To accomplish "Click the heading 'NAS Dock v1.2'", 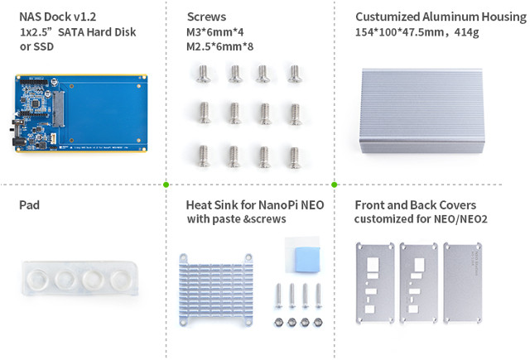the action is [x=57, y=17].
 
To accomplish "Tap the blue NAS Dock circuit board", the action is [x=81, y=113].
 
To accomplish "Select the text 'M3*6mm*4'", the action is [x=215, y=32].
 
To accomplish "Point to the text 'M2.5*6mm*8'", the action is [x=219, y=46].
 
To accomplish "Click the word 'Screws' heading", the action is [x=206, y=17].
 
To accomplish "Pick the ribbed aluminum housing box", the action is [x=422, y=111].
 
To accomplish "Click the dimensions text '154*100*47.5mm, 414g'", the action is [x=417, y=32].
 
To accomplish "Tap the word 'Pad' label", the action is [x=30, y=205].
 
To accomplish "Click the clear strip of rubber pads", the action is [x=80, y=278].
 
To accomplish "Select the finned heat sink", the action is [x=215, y=290].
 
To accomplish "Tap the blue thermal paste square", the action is [x=307, y=259].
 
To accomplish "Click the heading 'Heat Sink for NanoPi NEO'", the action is [x=255, y=205].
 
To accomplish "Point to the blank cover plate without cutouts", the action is [x=462, y=282].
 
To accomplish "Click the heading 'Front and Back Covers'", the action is [x=416, y=205].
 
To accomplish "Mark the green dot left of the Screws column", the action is [x=166, y=185].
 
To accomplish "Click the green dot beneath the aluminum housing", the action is [x=335, y=185].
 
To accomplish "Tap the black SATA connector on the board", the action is [x=58, y=108].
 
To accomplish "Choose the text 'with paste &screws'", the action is [x=237, y=218].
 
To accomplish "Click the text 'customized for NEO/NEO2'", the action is [x=421, y=218].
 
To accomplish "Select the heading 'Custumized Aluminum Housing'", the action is [x=441, y=17].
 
